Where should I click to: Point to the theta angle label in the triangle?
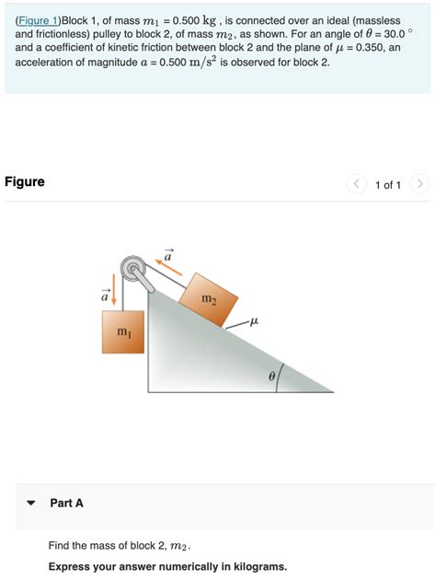271,376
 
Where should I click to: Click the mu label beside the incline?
255,321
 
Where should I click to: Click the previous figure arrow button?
356,185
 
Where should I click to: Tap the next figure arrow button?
419,185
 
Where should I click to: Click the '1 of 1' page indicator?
387,185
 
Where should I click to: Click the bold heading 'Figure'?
25,181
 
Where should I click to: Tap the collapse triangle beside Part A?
31,504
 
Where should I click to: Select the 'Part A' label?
67,504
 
